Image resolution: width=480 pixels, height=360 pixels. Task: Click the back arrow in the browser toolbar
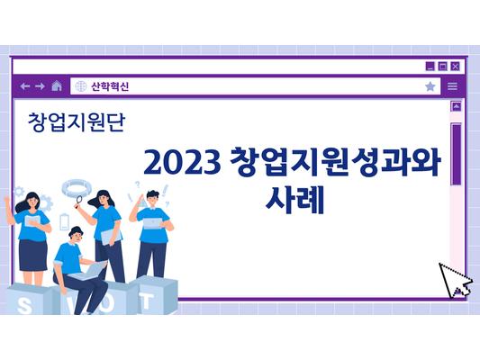pyautogui.click(x=25, y=86)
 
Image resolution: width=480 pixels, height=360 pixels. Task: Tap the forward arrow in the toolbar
pyautogui.click(x=40, y=86)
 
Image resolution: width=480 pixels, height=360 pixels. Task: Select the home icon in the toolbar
pyautogui.click(x=57, y=86)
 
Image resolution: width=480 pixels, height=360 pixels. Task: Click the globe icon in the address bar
pyautogui.click(x=80, y=86)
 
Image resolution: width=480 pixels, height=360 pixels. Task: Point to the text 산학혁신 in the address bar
pyautogui.click(x=110, y=86)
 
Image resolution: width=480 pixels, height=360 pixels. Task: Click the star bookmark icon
pyautogui.click(x=430, y=86)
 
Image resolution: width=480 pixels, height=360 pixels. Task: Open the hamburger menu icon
pyautogui.click(x=453, y=86)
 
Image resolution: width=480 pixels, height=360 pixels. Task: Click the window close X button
pyautogui.click(x=456, y=66)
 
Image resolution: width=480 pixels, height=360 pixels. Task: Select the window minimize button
pyautogui.click(x=430, y=66)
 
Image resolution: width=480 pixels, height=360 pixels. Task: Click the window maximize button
pyautogui.click(x=443, y=66)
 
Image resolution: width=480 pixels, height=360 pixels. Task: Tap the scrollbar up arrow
pyautogui.click(x=456, y=106)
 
